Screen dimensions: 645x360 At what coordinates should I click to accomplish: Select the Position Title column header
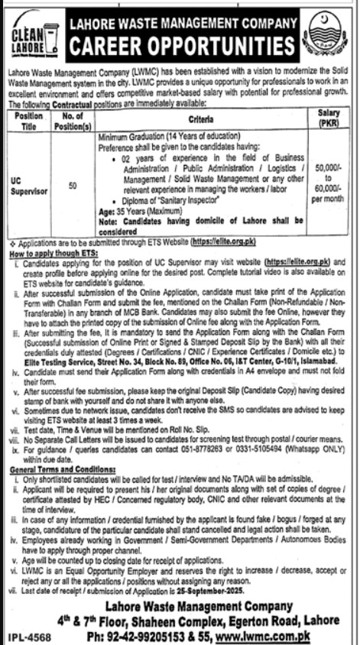[x=29, y=120]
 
